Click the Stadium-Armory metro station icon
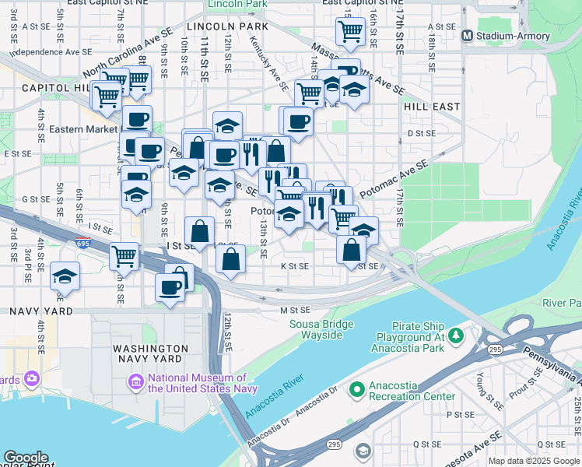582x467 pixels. (x=468, y=35)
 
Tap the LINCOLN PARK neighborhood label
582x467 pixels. (x=222, y=26)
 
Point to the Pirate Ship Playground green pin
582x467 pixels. (x=455, y=335)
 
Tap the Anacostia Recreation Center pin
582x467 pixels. (x=357, y=388)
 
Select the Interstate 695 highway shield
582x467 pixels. (x=82, y=243)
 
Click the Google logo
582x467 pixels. (x=26, y=458)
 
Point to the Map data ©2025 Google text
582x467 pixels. (x=534, y=461)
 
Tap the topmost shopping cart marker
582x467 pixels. (x=350, y=32)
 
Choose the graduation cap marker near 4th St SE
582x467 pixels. (x=65, y=276)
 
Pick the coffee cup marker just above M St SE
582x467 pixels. (x=170, y=288)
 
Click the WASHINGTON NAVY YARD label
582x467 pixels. (x=149, y=353)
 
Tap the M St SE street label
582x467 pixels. (x=295, y=310)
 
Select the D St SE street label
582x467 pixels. (x=421, y=133)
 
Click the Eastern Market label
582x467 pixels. (x=81, y=128)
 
